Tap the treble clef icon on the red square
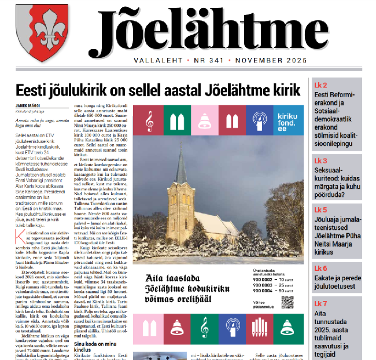pyautogui.click(x=149, y=120)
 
